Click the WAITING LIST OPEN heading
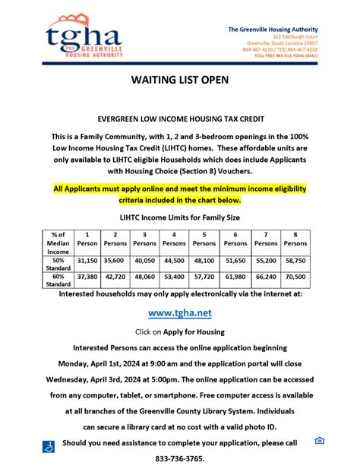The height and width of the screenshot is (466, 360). pyautogui.click(x=180, y=78)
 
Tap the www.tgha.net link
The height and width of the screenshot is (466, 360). pyautogui.click(x=179, y=312)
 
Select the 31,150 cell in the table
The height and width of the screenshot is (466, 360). pyautogui.click(x=87, y=259)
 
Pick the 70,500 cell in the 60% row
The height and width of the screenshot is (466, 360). pyautogui.click(x=295, y=277)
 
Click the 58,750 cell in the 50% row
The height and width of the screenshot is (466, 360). pyautogui.click(x=295, y=259)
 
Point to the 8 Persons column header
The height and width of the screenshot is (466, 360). pyautogui.click(x=295, y=239)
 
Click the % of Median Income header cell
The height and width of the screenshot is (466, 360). pyautogui.click(x=58, y=242)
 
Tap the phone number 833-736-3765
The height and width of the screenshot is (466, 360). pyautogui.click(x=180, y=459)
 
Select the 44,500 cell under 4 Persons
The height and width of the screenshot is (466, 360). pyautogui.click(x=174, y=259)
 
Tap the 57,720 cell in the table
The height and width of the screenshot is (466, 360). pyautogui.click(x=204, y=277)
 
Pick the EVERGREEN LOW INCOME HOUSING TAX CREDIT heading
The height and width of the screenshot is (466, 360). pyautogui.click(x=180, y=119)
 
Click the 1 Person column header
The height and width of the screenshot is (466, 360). pyautogui.click(x=87, y=239)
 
